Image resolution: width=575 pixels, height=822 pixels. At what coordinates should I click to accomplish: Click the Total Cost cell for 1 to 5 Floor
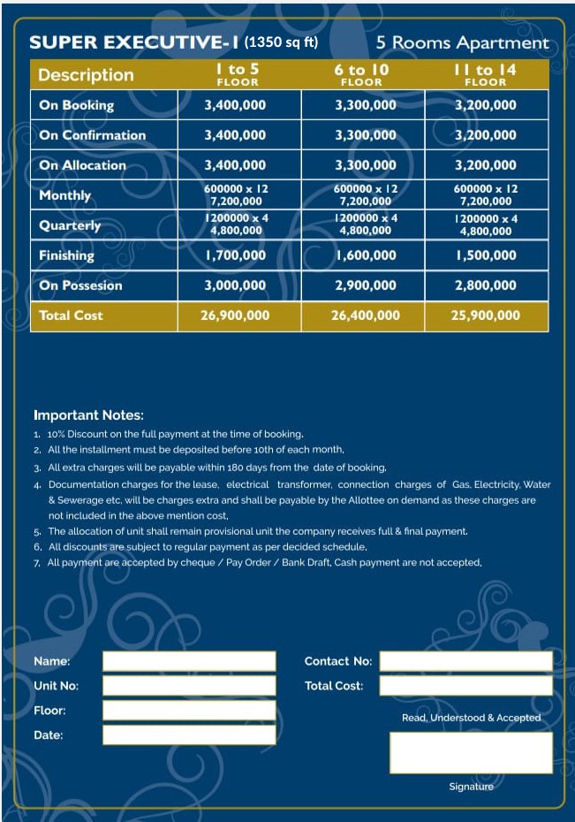[x=235, y=316]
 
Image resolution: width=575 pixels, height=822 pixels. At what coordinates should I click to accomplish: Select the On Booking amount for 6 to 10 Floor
[x=365, y=105]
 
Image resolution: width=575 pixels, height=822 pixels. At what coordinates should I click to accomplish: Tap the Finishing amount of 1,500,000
[x=486, y=255]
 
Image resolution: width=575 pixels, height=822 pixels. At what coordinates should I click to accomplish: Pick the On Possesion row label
[x=80, y=285]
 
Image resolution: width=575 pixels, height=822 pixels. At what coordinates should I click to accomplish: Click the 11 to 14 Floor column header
[x=485, y=74]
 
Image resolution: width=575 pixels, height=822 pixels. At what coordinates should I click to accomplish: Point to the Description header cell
[x=86, y=75]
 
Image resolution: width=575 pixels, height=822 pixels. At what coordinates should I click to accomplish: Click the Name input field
[x=189, y=661]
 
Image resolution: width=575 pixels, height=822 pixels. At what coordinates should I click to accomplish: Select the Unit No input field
[x=189, y=686]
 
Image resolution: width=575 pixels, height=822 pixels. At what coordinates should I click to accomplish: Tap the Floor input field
[x=189, y=711]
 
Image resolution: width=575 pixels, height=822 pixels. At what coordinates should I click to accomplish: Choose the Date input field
[x=189, y=735]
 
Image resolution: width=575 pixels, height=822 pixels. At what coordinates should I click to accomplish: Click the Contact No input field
[x=465, y=661]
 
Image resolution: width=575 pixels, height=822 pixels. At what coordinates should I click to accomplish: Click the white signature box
[x=471, y=753]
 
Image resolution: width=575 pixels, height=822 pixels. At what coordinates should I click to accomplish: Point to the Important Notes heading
[x=88, y=415]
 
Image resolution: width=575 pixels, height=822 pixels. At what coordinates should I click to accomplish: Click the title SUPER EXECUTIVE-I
[x=134, y=42]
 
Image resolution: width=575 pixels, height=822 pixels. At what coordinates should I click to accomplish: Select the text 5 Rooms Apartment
[x=462, y=42]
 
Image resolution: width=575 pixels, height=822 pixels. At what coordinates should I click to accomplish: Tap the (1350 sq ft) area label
[x=281, y=42]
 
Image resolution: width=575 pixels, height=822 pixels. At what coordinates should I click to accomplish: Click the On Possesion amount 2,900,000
[x=365, y=285]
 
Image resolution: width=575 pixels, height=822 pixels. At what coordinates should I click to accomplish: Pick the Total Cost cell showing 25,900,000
[x=486, y=316]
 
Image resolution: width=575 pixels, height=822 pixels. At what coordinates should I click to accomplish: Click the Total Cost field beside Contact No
[x=465, y=686]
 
